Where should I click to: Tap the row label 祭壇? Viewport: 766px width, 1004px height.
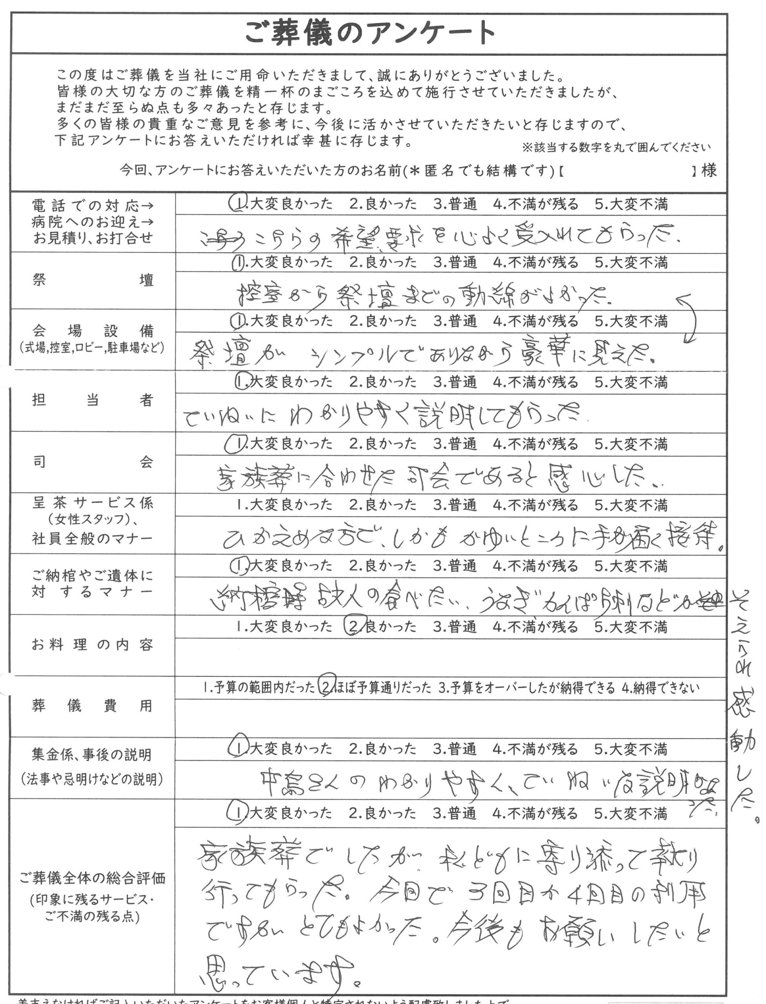point(93,280)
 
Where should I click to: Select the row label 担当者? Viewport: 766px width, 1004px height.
point(93,400)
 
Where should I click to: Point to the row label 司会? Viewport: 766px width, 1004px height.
point(93,462)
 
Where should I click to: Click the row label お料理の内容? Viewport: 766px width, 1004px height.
point(93,645)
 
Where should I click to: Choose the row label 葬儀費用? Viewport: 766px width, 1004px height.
point(93,706)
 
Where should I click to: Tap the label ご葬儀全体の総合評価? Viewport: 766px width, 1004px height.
point(93,878)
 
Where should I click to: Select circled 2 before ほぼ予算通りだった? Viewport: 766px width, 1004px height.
point(327,687)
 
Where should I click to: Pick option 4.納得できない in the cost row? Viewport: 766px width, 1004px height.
point(660,688)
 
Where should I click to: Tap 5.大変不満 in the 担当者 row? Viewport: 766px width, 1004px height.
point(631,382)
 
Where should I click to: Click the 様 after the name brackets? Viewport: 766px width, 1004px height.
point(709,171)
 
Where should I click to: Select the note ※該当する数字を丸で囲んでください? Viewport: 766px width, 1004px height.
point(617,147)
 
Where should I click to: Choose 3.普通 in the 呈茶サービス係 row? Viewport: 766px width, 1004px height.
point(455,505)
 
